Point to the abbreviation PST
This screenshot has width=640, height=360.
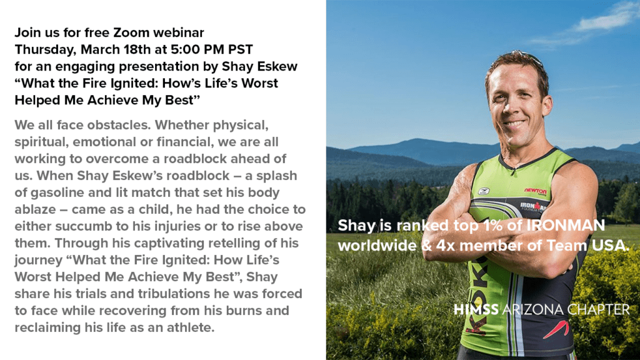pyautogui.click(x=241, y=49)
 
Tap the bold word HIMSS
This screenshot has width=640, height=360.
pyautogui.click(x=476, y=310)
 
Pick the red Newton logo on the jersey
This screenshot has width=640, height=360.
pyautogui.click(x=535, y=191)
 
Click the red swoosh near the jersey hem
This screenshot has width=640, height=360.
pyautogui.click(x=556, y=329)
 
